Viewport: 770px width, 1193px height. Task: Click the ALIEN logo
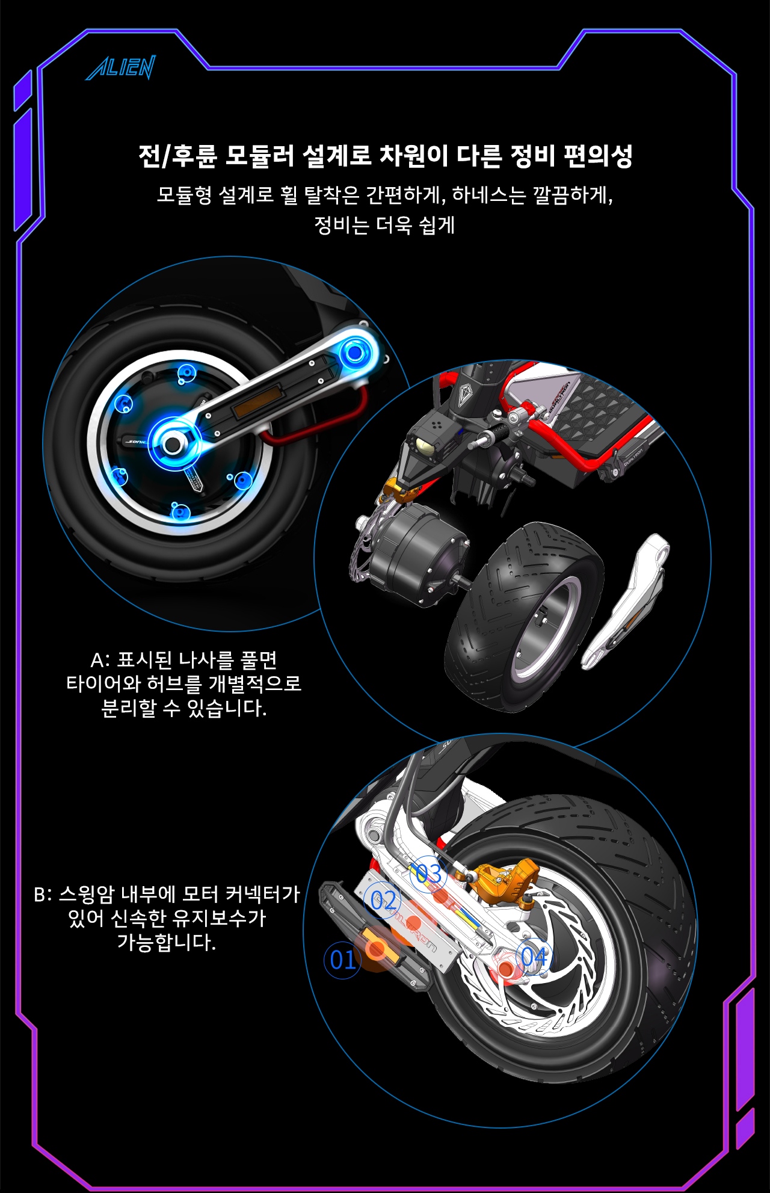coord(121,67)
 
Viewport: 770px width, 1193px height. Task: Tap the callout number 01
coord(342,960)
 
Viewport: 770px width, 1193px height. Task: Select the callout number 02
coord(383,901)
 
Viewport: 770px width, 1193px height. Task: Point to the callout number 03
coord(429,873)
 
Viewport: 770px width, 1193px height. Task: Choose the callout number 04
coord(534,956)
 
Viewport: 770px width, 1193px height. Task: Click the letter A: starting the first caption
coord(100,660)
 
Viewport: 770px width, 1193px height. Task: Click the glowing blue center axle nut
coord(173,444)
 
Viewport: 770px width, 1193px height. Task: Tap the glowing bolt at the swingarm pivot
coord(355,353)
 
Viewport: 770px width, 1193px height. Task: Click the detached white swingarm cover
coord(626,602)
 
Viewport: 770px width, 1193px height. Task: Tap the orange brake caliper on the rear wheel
coord(502,878)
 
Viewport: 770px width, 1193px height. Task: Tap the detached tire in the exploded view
coord(523,617)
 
